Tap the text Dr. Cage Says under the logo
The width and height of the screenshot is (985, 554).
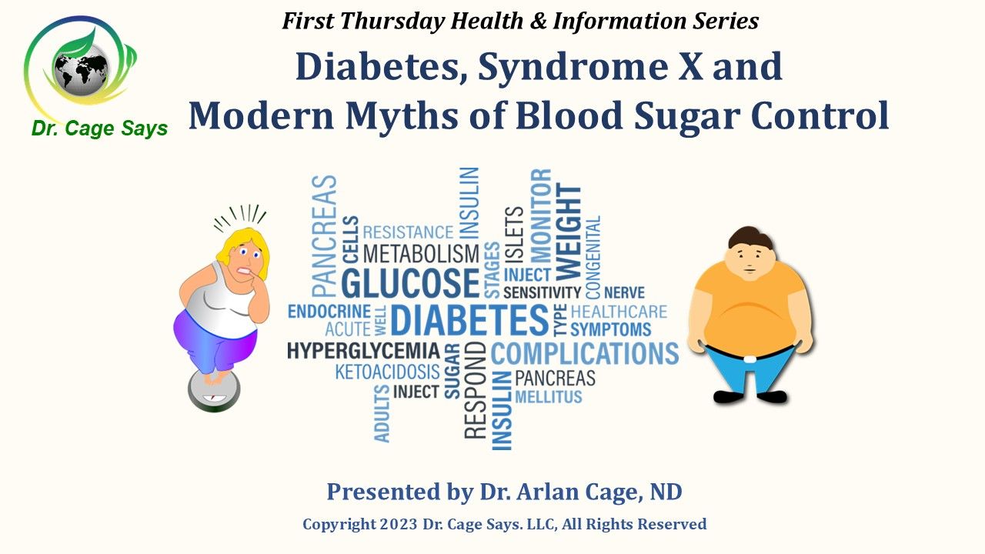[x=99, y=128]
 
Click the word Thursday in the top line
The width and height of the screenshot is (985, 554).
[x=392, y=21]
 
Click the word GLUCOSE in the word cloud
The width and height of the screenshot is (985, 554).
[x=410, y=283]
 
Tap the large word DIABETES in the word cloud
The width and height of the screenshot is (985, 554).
[x=469, y=319]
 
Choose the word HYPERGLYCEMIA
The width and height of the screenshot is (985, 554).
[x=363, y=351]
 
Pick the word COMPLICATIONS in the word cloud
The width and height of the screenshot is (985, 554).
[x=585, y=353]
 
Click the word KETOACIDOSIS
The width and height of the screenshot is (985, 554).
[x=387, y=372]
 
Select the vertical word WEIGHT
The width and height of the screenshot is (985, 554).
[x=569, y=232]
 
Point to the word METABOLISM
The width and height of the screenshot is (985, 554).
[x=421, y=254]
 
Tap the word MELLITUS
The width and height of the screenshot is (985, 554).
[x=549, y=397]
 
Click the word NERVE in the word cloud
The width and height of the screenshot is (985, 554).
[x=624, y=292]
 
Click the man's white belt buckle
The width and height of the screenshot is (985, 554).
[x=750, y=359]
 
